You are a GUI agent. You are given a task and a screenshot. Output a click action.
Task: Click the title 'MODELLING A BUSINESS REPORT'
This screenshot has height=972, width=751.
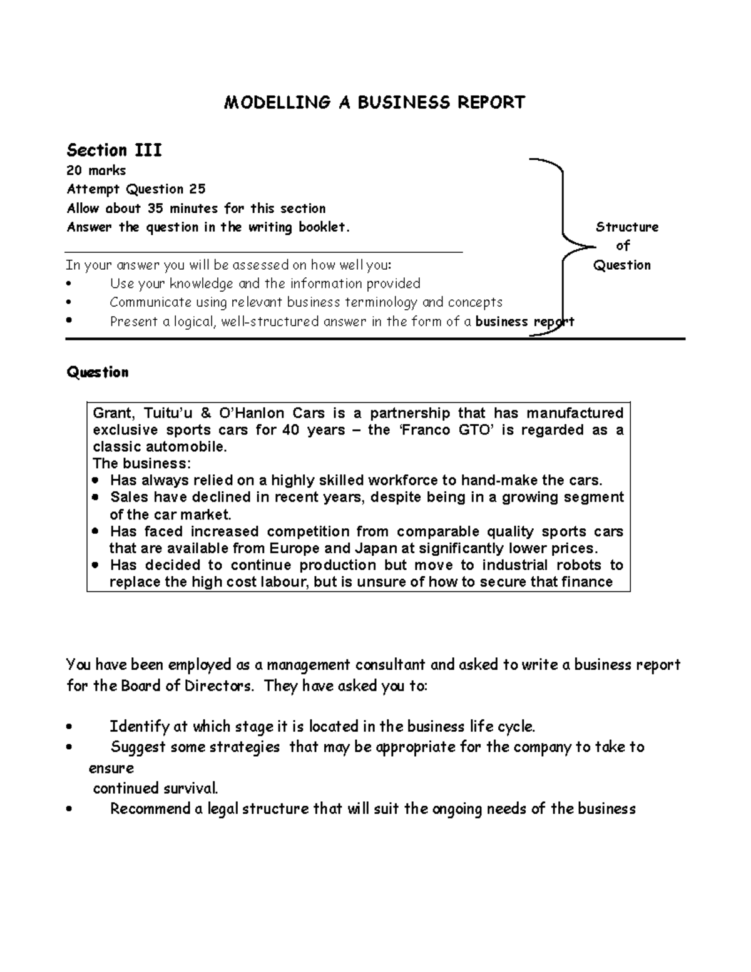coord(374,103)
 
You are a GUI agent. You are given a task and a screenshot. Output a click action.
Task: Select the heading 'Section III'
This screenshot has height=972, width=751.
coord(114,151)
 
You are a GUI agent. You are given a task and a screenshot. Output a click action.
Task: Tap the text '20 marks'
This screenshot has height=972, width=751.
coord(96,171)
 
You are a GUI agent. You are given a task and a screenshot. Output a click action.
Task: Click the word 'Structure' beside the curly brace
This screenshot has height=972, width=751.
coord(626,227)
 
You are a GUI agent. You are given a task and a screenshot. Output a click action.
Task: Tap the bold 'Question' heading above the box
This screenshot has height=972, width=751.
coord(98,372)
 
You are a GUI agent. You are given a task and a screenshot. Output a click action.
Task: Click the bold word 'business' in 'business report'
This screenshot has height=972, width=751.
coord(502,322)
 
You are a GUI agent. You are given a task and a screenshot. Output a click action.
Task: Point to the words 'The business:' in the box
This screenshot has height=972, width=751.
coord(141,464)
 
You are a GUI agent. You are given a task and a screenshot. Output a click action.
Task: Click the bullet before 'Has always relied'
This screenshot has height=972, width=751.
coord(95,481)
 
